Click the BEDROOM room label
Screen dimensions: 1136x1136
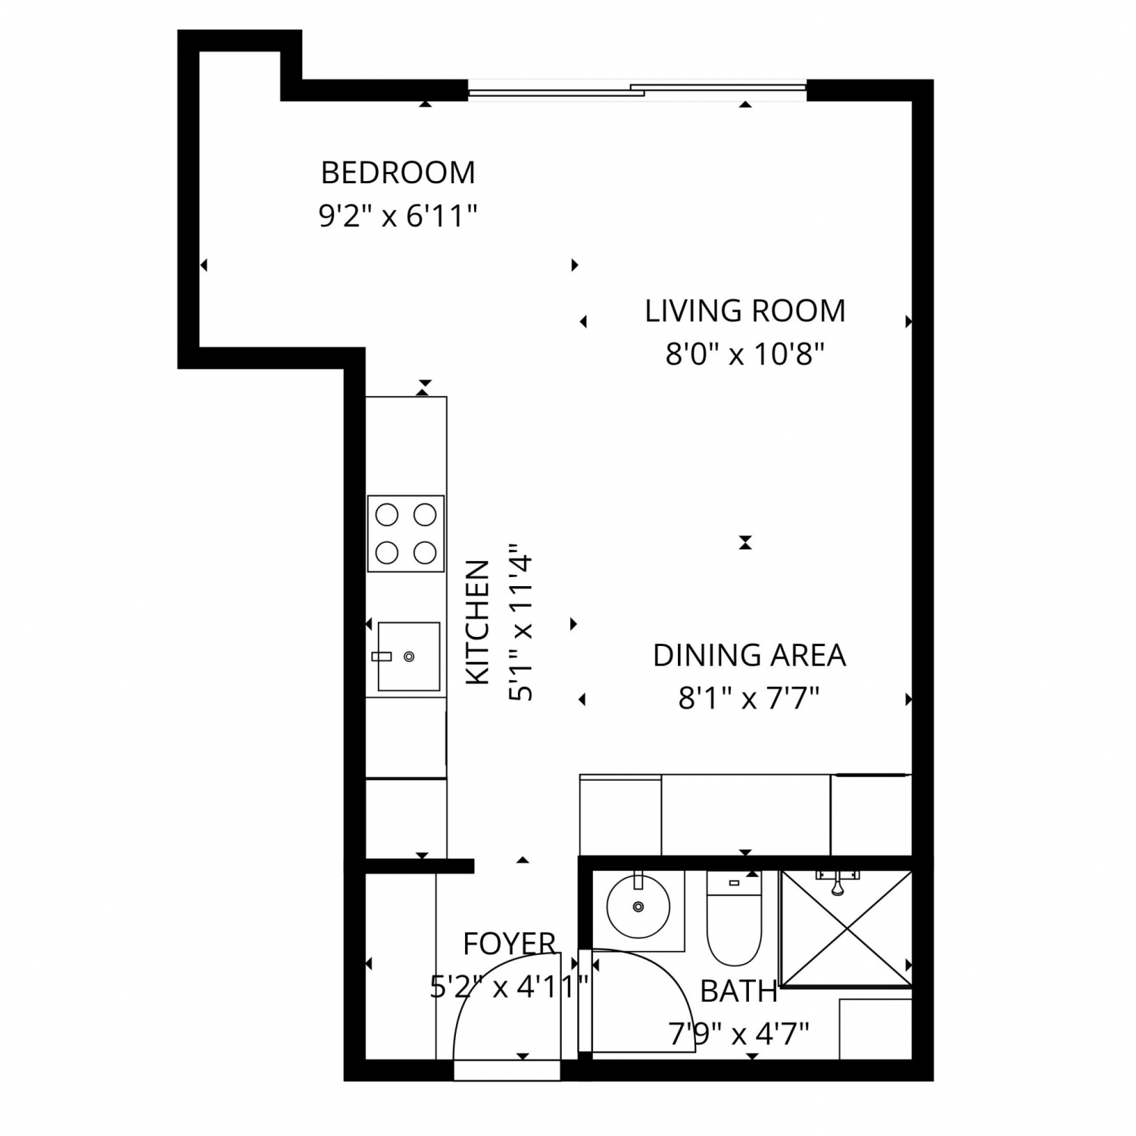coord(398,173)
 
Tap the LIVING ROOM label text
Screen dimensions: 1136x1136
coord(745,311)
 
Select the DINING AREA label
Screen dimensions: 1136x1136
coord(749,655)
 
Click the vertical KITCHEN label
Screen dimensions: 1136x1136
coord(477,623)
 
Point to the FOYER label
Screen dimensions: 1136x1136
coord(510,944)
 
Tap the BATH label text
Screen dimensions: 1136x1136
coord(738,991)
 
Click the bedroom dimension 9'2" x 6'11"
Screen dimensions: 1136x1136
coord(398,217)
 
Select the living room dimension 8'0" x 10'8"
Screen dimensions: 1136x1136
coord(744,354)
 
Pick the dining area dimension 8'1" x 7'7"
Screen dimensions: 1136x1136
coord(749,698)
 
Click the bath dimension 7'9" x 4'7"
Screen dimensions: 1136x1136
coord(739,1033)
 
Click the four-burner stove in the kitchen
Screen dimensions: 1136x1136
coord(406,534)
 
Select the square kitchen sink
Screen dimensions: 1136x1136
coord(408,657)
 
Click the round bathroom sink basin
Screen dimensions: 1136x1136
coord(638,906)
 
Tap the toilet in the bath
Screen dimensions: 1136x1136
coord(734,918)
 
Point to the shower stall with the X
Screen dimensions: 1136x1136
coord(846,929)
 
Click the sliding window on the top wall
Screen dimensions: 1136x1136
coord(637,90)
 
